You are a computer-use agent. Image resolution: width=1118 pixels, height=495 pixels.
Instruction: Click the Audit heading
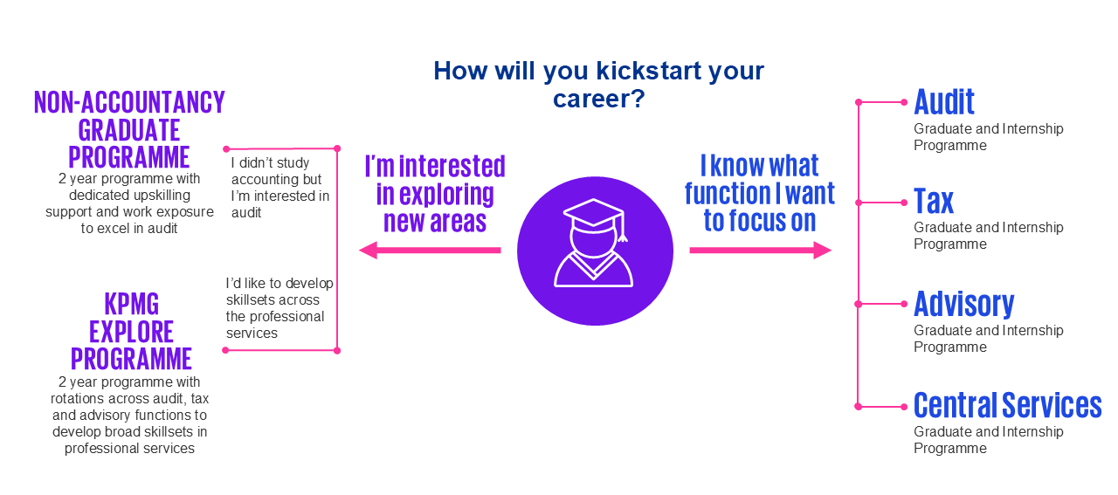tap(944, 102)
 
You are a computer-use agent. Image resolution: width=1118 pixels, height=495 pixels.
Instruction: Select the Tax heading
tap(934, 201)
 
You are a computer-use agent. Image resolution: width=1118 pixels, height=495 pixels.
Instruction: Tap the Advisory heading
tap(963, 305)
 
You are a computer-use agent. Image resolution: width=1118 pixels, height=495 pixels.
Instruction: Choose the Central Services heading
tap(1008, 405)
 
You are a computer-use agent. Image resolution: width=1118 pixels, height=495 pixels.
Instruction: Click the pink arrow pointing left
tap(430, 250)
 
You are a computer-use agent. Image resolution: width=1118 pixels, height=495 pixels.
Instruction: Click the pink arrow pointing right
tap(761, 250)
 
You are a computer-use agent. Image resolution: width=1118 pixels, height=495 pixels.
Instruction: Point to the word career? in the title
tap(599, 99)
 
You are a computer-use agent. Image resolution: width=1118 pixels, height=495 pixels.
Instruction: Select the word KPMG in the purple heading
tap(132, 304)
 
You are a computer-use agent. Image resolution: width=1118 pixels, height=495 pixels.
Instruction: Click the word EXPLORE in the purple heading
tap(131, 332)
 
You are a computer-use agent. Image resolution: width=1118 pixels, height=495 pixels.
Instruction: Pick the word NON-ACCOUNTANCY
tap(129, 102)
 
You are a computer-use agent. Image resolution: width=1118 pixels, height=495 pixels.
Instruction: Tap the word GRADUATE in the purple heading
tap(128, 130)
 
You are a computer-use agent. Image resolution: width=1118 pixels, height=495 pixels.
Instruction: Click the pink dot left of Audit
tap(904, 102)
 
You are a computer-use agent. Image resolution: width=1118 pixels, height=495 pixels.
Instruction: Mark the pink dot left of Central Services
tap(904, 407)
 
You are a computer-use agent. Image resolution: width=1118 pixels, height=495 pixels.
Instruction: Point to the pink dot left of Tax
tap(904, 203)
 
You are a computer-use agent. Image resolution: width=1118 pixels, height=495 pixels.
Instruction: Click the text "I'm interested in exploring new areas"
tap(435, 194)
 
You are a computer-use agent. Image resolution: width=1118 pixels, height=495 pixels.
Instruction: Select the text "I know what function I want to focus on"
tap(760, 193)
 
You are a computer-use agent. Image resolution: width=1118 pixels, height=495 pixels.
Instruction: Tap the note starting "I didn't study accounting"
tap(280, 188)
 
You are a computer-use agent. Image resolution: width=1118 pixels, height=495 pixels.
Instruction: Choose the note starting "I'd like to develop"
tap(279, 308)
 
